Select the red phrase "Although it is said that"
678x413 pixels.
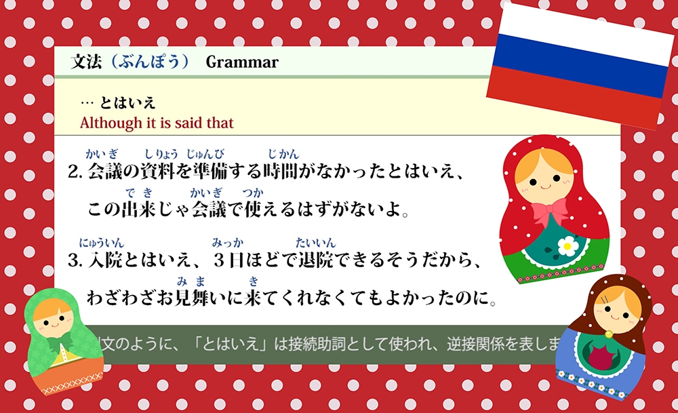[x=157, y=123]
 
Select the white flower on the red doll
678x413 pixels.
[x=567, y=245]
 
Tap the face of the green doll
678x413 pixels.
[x=53, y=314]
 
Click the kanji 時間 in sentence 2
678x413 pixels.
[x=283, y=171]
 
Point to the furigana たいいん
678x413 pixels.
[x=315, y=242]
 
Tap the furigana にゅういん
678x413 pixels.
[x=101, y=242]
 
